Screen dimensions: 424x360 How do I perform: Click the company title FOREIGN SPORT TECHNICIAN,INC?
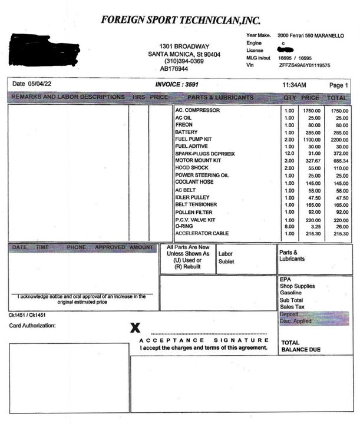(180, 19)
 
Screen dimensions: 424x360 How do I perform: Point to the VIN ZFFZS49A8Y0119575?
(304, 65)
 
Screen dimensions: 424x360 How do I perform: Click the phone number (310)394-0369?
(184, 61)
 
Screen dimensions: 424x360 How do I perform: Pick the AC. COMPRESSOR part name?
(197, 111)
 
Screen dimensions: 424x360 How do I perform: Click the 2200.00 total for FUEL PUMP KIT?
(338, 140)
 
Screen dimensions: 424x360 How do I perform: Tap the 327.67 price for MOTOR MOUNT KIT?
(312, 161)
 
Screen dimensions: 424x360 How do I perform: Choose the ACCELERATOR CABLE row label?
(202, 233)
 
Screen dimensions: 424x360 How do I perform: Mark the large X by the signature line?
(135, 328)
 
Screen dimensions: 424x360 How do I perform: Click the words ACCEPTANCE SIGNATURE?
(204, 341)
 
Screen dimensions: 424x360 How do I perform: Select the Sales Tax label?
(293, 307)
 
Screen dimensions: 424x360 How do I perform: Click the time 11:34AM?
(293, 85)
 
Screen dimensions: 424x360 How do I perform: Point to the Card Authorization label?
(32, 326)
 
